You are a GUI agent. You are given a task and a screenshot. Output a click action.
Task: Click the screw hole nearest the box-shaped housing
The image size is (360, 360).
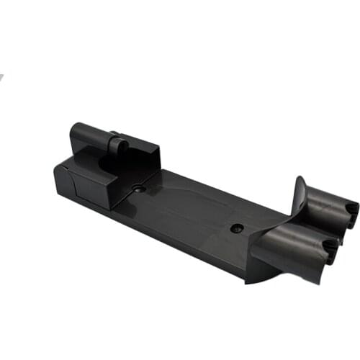pyautogui.click(x=140, y=188)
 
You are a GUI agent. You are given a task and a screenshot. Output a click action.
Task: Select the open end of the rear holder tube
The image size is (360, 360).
pyautogui.click(x=351, y=209)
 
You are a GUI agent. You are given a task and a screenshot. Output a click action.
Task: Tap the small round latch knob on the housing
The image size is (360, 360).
pyautogui.click(x=118, y=148)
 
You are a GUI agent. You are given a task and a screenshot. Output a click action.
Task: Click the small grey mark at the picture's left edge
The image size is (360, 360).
pyautogui.click(x=2, y=76)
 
